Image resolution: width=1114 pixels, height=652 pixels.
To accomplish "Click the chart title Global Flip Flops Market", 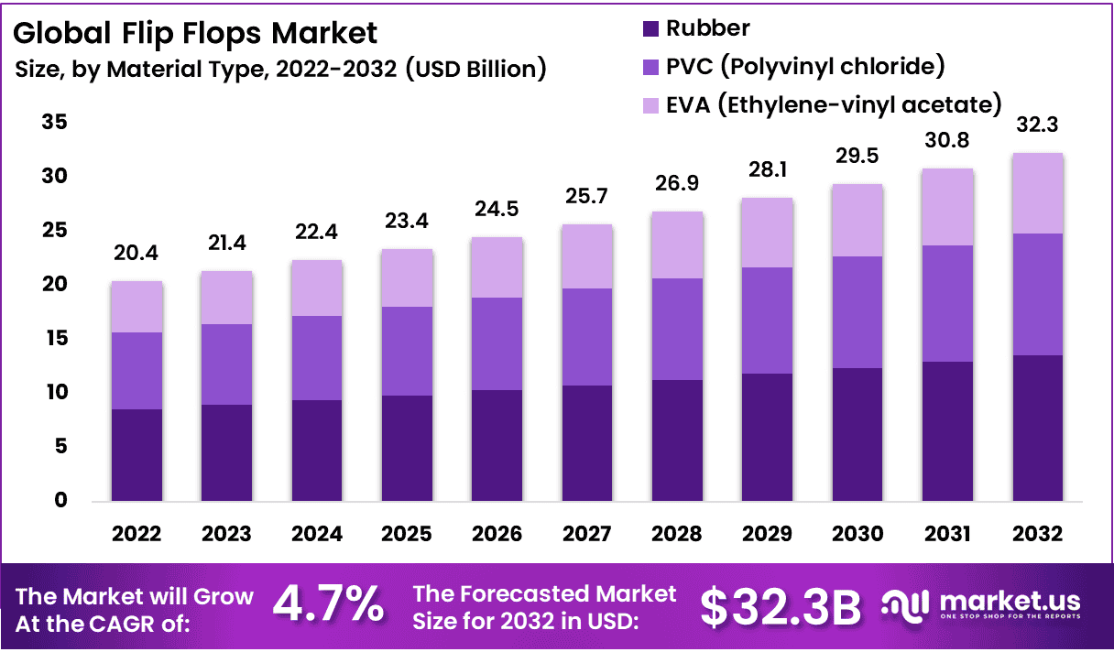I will coord(195,34).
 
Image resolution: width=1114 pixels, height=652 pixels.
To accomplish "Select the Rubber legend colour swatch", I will coord(650,29).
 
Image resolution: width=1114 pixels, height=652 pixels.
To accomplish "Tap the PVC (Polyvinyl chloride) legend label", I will coord(805,67).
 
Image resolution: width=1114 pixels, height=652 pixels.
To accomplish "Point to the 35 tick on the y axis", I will coord(54,122).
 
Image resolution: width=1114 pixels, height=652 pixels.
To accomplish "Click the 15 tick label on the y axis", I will coord(54,339).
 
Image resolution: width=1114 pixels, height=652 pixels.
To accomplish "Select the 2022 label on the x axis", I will coord(137,534).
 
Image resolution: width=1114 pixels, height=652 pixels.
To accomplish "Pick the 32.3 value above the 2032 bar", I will coord(1036,125).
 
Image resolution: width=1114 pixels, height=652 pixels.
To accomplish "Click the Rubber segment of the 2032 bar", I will coord(1036,428).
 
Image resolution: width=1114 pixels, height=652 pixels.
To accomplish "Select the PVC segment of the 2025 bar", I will coord(406,351).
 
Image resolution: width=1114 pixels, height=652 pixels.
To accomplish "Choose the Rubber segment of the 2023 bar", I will coord(226,452).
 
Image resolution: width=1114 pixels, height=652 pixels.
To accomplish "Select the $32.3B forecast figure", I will coord(781,605).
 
